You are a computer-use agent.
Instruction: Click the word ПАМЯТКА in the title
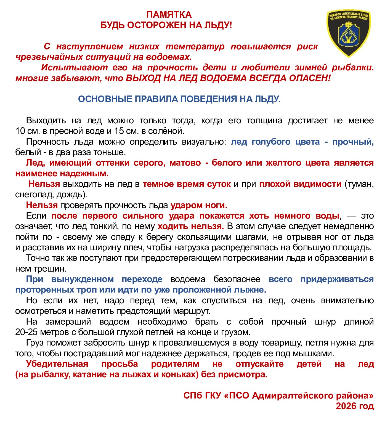[x=169, y=14]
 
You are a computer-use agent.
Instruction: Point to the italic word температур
[x=195, y=46]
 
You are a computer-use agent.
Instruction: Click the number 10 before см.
[x=20, y=131]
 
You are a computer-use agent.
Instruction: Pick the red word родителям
[x=175, y=364]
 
